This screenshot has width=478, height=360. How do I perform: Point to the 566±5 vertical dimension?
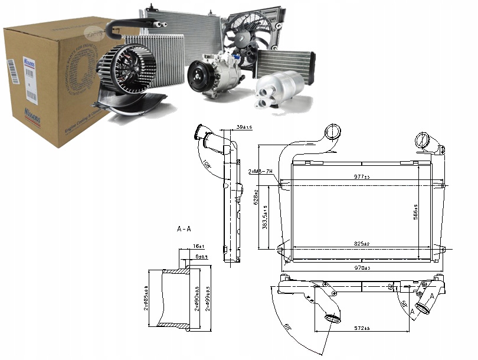[x=416, y=210]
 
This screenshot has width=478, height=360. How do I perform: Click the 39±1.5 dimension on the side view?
[x=244, y=127]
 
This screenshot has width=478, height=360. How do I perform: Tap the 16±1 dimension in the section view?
[x=198, y=245]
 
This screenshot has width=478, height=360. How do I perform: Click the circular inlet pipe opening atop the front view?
[x=333, y=131]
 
